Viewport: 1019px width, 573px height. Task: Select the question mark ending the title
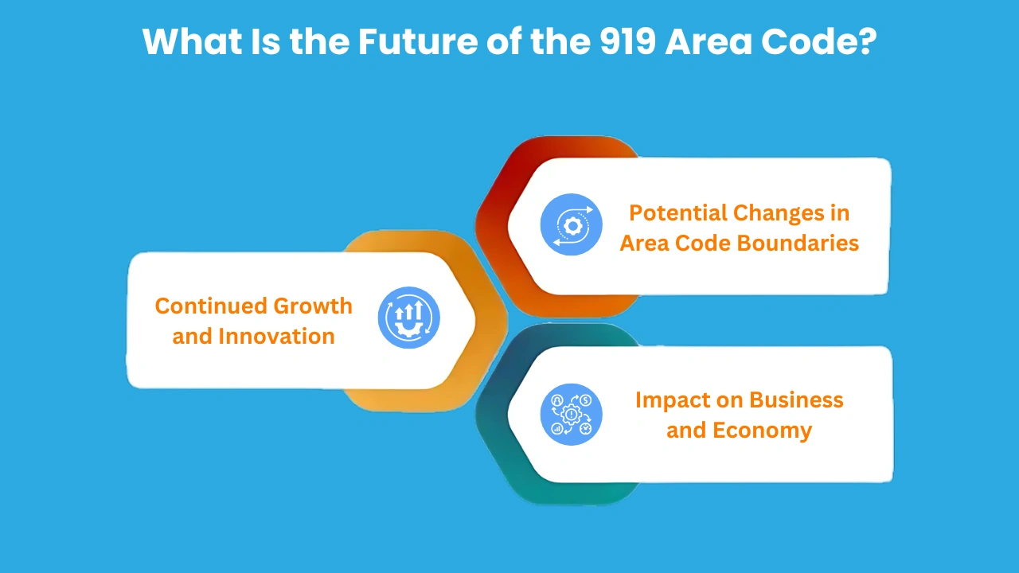click(x=866, y=41)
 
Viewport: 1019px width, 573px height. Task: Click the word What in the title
click(x=188, y=41)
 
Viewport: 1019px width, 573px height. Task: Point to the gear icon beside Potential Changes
click(x=572, y=224)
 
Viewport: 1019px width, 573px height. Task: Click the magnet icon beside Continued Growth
click(x=408, y=318)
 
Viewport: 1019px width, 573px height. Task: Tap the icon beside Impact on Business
click(x=572, y=414)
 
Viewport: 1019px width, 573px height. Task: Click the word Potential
click(x=677, y=213)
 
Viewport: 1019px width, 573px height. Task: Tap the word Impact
click(x=670, y=400)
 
